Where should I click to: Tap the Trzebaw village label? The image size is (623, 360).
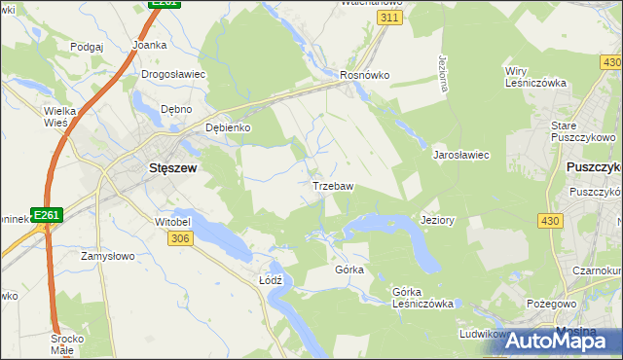332,185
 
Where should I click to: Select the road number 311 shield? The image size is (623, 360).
389,18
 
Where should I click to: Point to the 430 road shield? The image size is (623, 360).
550,222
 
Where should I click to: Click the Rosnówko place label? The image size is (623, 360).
365,74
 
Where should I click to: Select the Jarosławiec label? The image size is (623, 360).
460,155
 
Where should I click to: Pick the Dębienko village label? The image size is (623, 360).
229,127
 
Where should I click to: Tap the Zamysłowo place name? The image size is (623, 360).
107,256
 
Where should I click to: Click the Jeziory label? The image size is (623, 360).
437,220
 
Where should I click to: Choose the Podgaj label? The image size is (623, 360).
87,47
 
